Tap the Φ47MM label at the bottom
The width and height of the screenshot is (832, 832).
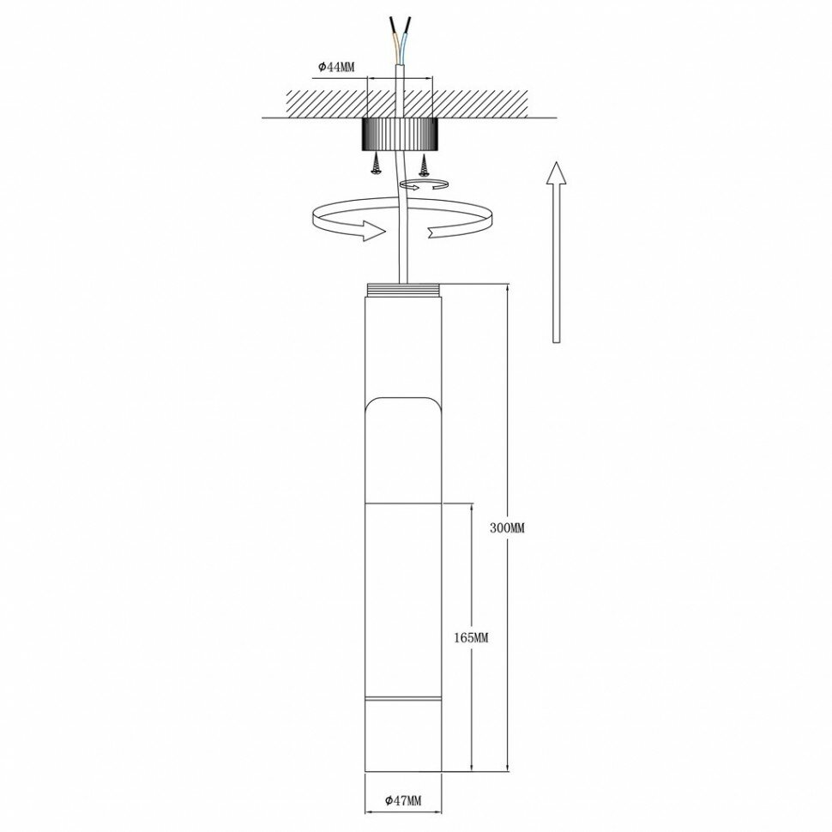pos(402,801)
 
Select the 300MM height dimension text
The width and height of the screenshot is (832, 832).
pos(506,528)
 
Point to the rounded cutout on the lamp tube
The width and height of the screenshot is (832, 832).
pos(401,407)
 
